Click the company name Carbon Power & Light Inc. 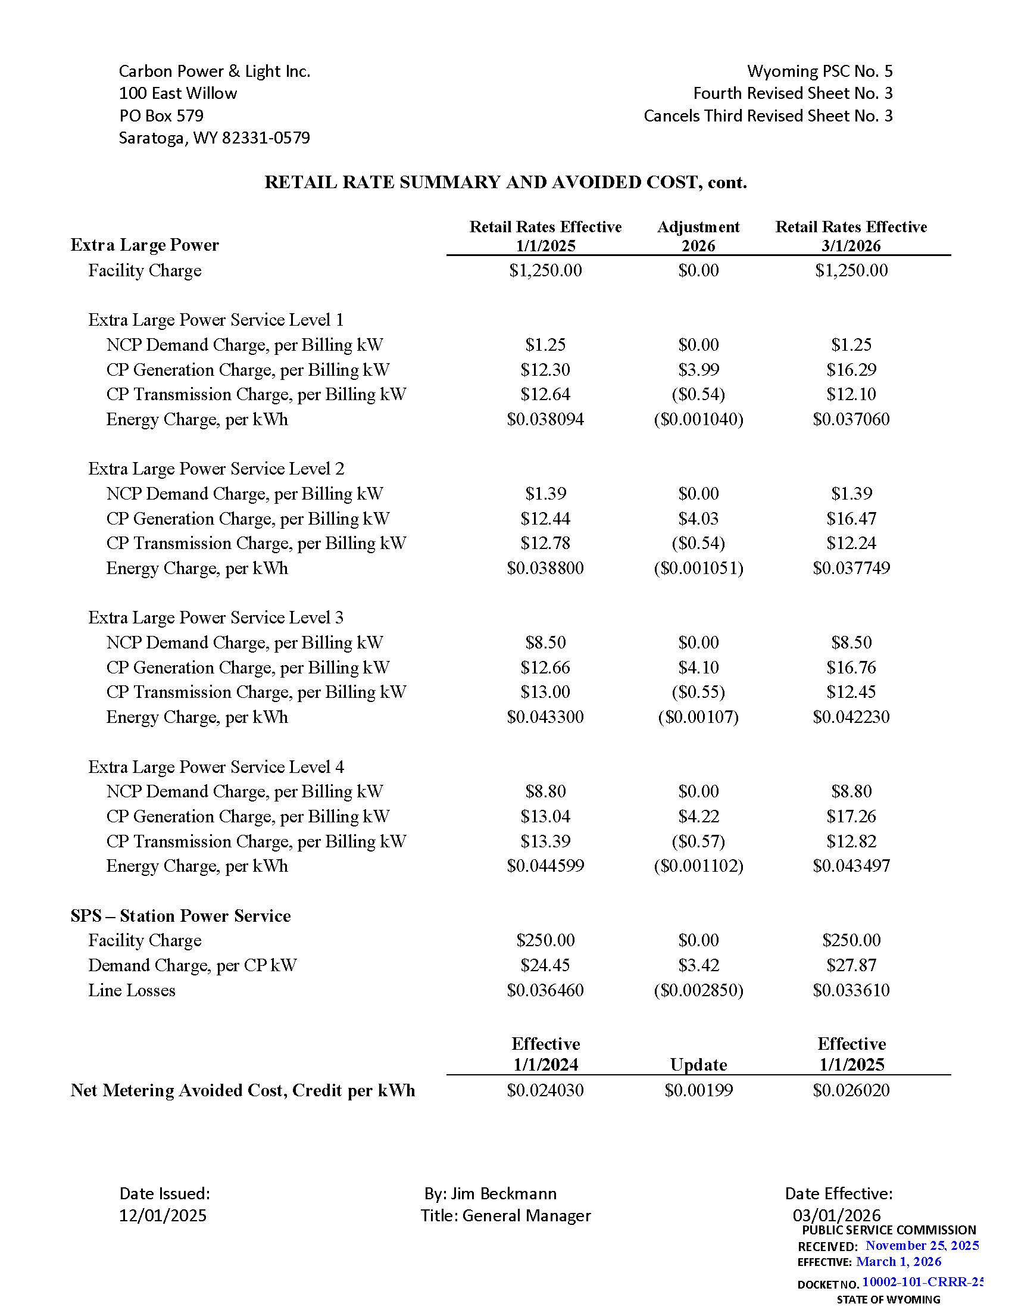[x=214, y=71]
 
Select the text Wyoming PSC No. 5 [x=819, y=71]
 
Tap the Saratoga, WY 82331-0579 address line [x=214, y=138]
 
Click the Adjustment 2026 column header [x=698, y=236]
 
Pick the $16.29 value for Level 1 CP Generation [x=851, y=370]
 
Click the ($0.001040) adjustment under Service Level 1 [x=698, y=419]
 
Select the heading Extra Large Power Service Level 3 [x=216, y=617]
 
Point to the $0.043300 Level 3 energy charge [x=545, y=717]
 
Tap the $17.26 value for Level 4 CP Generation [x=851, y=816]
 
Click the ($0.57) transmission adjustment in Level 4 [x=698, y=841]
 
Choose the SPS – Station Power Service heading [x=180, y=916]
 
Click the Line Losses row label [x=132, y=990]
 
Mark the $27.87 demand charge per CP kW [x=851, y=965]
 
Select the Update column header [x=698, y=1065]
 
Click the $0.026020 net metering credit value [x=851, y=1090]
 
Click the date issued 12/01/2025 [x=163, y=1216]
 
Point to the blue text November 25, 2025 [x=922, y=1246]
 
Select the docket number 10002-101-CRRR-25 [x=922, y=1283]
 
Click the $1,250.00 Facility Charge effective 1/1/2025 [x=545, y=270]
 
